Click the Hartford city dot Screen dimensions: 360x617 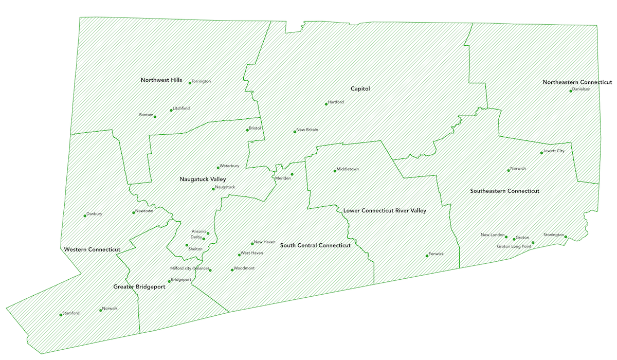(326, 104)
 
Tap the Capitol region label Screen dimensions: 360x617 (360, 88)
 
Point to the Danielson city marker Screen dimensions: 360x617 (571, 91)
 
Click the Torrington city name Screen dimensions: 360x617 (201, 81)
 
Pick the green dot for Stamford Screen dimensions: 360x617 (61, 314)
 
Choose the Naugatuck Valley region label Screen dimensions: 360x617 (203, 179)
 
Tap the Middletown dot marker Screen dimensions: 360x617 (335, 171)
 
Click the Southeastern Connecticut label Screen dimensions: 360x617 (504, 191)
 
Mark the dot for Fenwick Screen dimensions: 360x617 (427, 256)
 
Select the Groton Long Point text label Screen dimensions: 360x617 (514, 246)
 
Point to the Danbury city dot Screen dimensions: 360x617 (85, 215)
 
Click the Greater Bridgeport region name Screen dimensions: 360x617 (139, 287)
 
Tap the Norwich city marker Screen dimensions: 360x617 (508, 170)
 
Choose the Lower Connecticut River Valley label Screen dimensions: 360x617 (384, 211)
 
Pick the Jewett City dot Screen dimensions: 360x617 (541, 153)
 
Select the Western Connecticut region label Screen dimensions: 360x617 (92, 249)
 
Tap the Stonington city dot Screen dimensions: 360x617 (566, 237)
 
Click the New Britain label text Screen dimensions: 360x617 (307, 130)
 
